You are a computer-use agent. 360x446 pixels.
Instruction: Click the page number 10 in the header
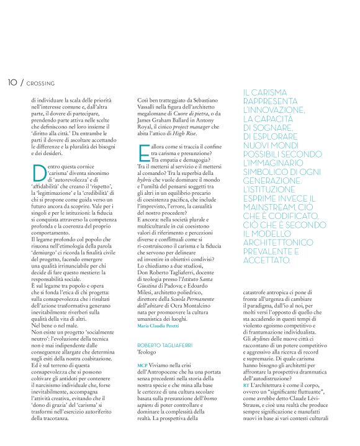12,82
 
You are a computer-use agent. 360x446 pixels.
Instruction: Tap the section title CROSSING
42,83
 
